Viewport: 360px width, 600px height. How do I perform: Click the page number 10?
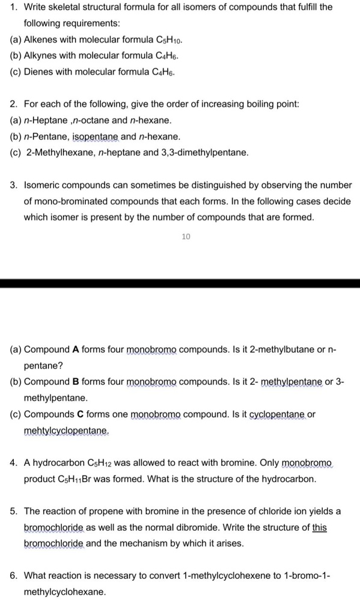click(186, 237)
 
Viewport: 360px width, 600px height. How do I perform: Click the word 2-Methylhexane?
click(59, 152)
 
